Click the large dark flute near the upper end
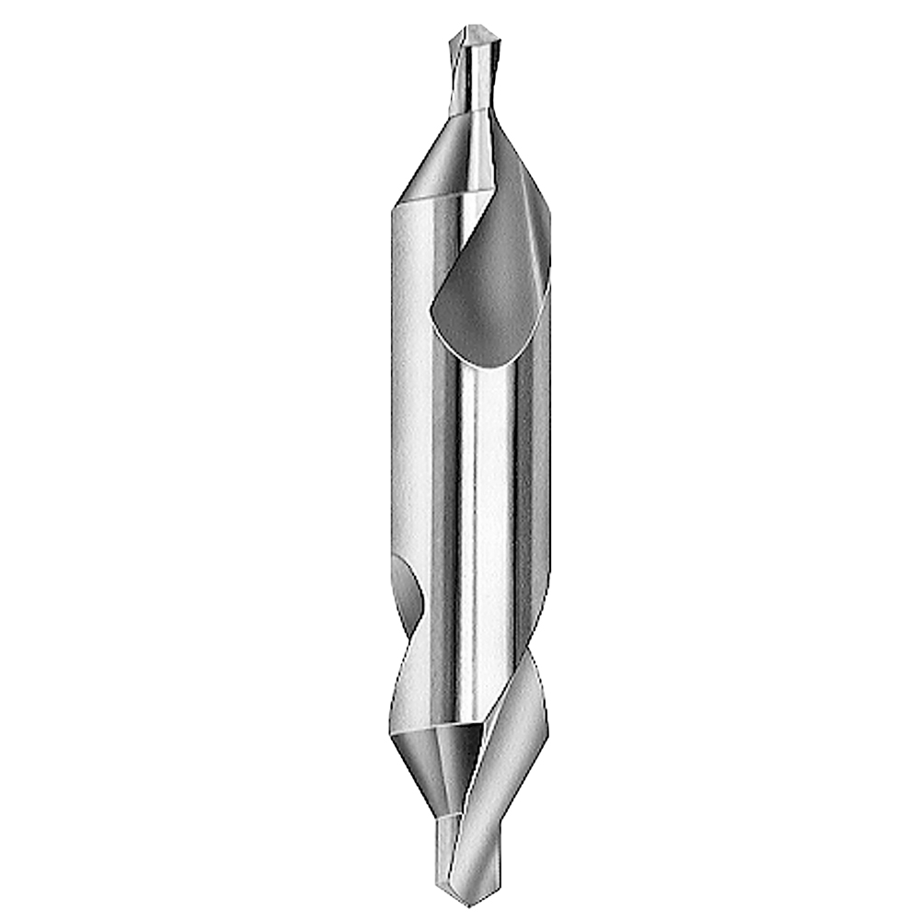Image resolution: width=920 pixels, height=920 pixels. pyautogui.click(x=497, y=276)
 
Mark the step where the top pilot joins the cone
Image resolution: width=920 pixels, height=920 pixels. pyautogui.click(x=469, y=114)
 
